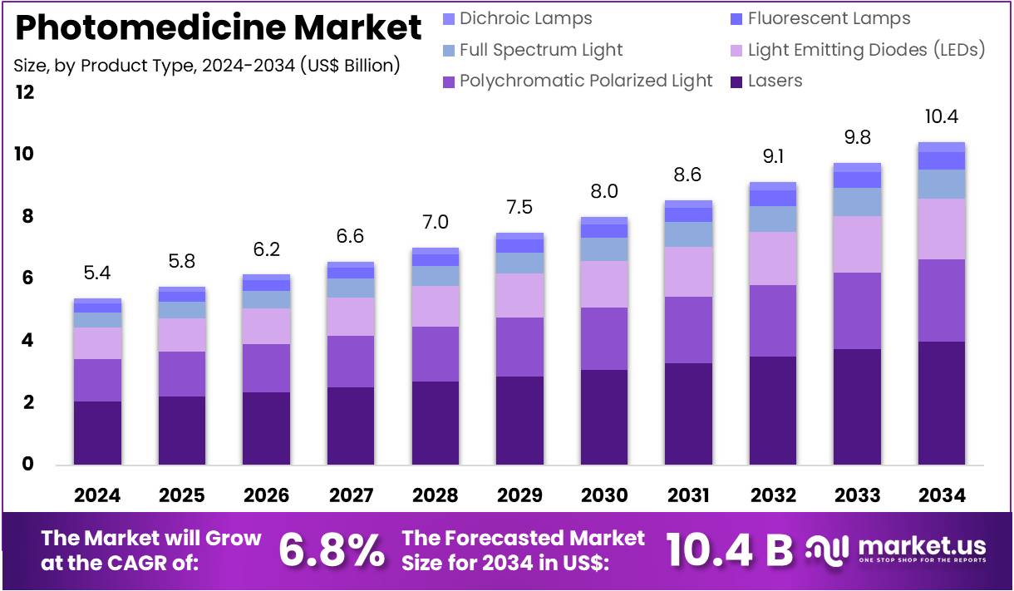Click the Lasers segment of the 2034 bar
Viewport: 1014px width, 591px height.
coord(941,402)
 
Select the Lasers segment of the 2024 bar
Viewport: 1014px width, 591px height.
coord(97,432)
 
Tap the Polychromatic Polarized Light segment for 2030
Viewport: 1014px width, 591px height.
coord(603,338)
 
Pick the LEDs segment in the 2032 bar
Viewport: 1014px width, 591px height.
coord(772,259)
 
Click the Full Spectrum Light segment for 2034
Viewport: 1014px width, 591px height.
coord(941,184)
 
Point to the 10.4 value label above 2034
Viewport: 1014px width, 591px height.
coord(941,117)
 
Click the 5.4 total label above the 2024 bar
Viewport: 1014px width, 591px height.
coord(97,273)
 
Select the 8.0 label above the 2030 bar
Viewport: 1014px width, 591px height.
coord(603,191)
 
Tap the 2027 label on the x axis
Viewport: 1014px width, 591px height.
coord(351,495)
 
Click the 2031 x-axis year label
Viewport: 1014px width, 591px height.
coord(688,495)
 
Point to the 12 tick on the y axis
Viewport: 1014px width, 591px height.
coord(25,92)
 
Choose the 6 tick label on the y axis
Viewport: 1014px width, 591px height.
coord(27,278)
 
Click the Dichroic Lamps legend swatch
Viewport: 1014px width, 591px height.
coord(449,18)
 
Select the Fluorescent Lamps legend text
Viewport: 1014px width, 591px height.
coord(829,18)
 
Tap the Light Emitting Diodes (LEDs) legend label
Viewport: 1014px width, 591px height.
coord(866,50)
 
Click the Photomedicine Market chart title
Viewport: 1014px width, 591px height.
coord(219,28)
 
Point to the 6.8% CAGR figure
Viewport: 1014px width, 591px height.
coord(332,549)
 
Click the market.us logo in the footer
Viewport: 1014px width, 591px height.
coord(898,549)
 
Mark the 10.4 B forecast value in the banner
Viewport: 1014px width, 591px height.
coord(730,549)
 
